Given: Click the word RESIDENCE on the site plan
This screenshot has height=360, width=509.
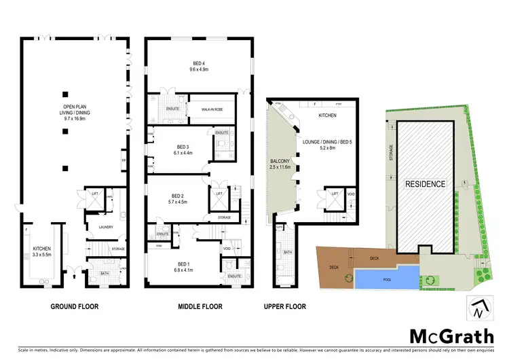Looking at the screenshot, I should (426, 184).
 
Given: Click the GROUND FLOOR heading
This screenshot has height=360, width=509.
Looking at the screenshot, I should (75, 306).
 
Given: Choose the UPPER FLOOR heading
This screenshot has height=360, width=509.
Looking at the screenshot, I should (285, 306).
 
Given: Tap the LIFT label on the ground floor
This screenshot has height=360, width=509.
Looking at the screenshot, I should (96, 194).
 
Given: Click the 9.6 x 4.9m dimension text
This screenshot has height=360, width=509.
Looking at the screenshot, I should (198, 69).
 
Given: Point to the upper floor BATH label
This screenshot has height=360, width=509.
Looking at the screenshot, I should (287, 252).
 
